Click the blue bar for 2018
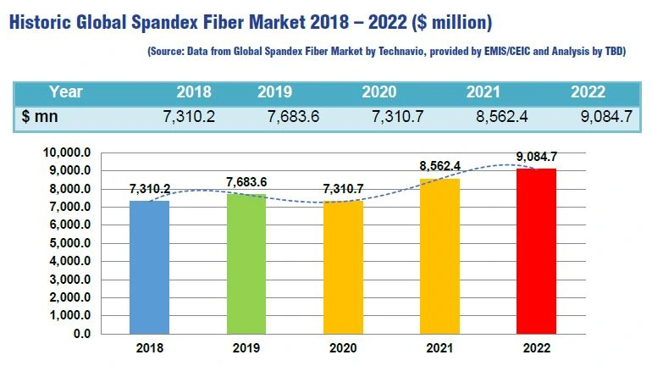point(149,267)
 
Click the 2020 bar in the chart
point(344,267)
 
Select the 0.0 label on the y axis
point(82,334)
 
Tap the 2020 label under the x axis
point(344,348)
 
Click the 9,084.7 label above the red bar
point(537,156)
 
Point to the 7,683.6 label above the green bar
point(246,182)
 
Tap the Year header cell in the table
point(65,91)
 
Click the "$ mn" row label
point(40,117)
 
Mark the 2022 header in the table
point(588,91)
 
